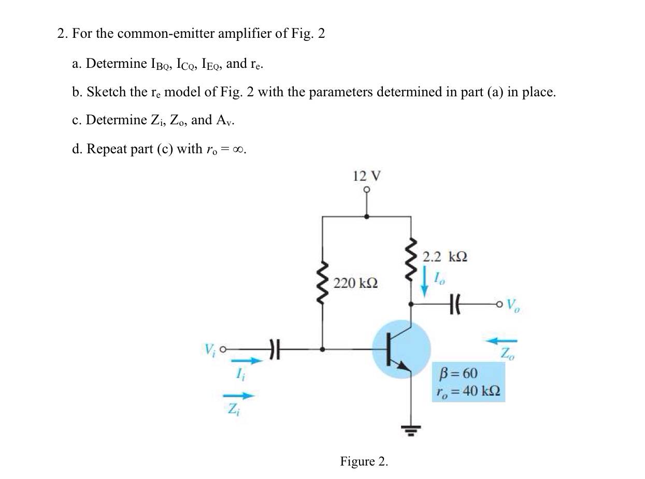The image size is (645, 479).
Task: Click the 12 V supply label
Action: pos(367,176)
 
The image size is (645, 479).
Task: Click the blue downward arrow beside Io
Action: pos(425,282)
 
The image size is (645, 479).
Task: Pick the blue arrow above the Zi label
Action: pos(239,396)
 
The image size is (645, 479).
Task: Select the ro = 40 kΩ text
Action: pos(468,391)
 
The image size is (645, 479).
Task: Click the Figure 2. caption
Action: pos(364,461)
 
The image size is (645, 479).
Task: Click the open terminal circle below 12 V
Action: pos(367,191)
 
